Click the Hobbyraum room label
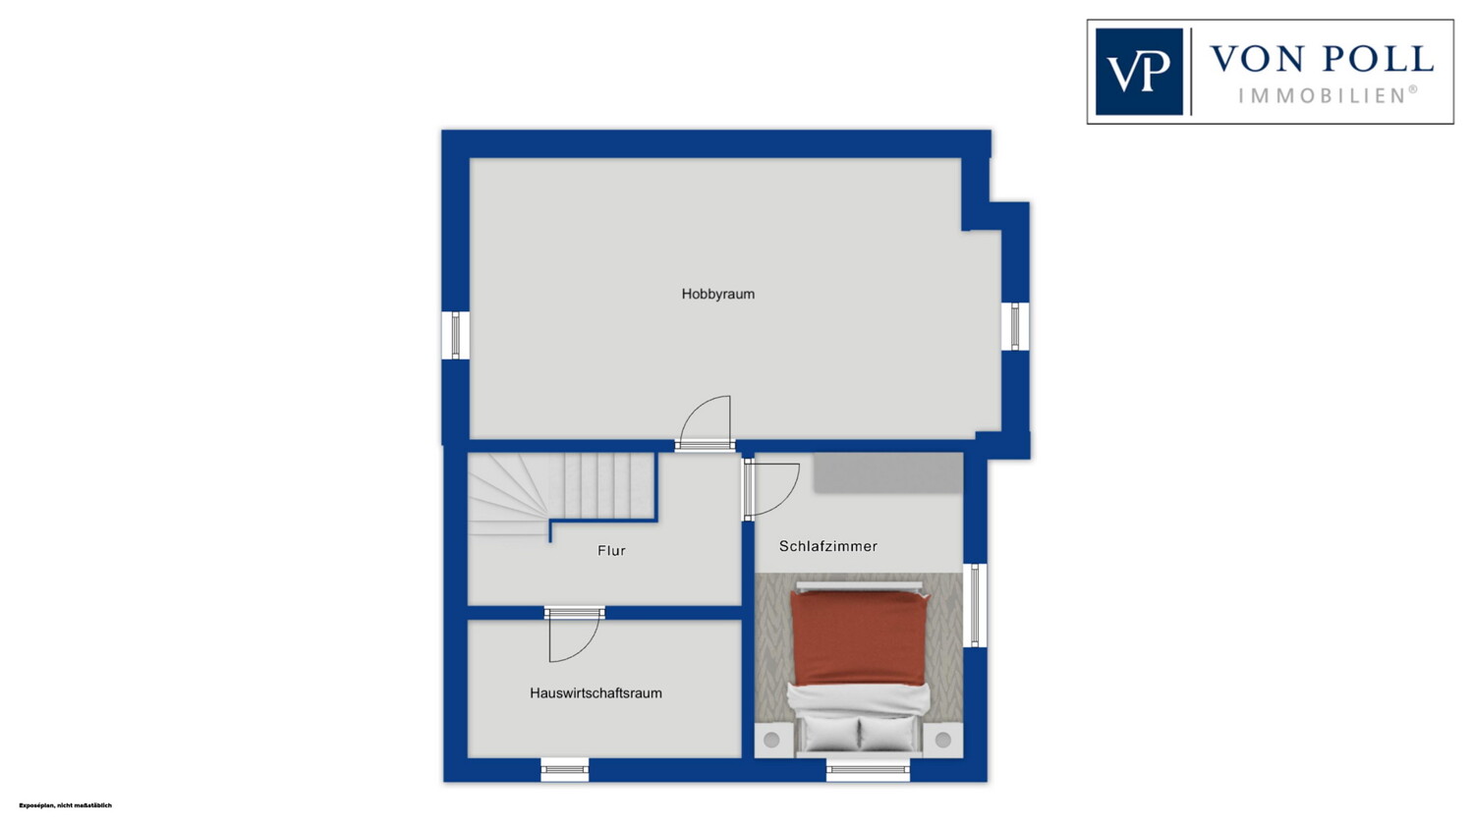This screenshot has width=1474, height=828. pyautogui.click(x=718, y=294)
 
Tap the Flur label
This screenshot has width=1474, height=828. pyautogui.click(x=611, y=550)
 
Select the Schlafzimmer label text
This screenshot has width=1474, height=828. pyautogui.click(x=827, y=546)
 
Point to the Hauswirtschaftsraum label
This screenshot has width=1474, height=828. pyautogui.click(x=595, y=692)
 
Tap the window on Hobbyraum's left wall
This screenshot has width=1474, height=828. pyautogui.click(x=455, y=335)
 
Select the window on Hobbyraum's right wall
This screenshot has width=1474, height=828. pyautogui.click(x=1015, y=326)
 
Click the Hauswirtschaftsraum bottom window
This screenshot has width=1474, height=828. pyautogui.click(x=565, y=769)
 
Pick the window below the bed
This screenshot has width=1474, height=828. pyautogui.click(x=868, y=769)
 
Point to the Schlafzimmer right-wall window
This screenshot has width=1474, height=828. pyautogui.click(x=975, y=605)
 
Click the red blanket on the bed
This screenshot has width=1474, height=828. pyautogui.click(x=859, y=637)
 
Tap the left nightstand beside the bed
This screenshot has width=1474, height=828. pyautogui.click(x=771, y=740)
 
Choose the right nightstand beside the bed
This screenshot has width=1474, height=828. pyautogui.click(x=943, y=740)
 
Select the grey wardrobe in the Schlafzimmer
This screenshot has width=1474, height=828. pyautogui.click(x=887, y=472)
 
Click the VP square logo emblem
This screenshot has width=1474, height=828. pyautogui.click(x=1139, y=72)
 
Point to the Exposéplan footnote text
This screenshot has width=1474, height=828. pyautogui.click(x=65, y=805)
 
